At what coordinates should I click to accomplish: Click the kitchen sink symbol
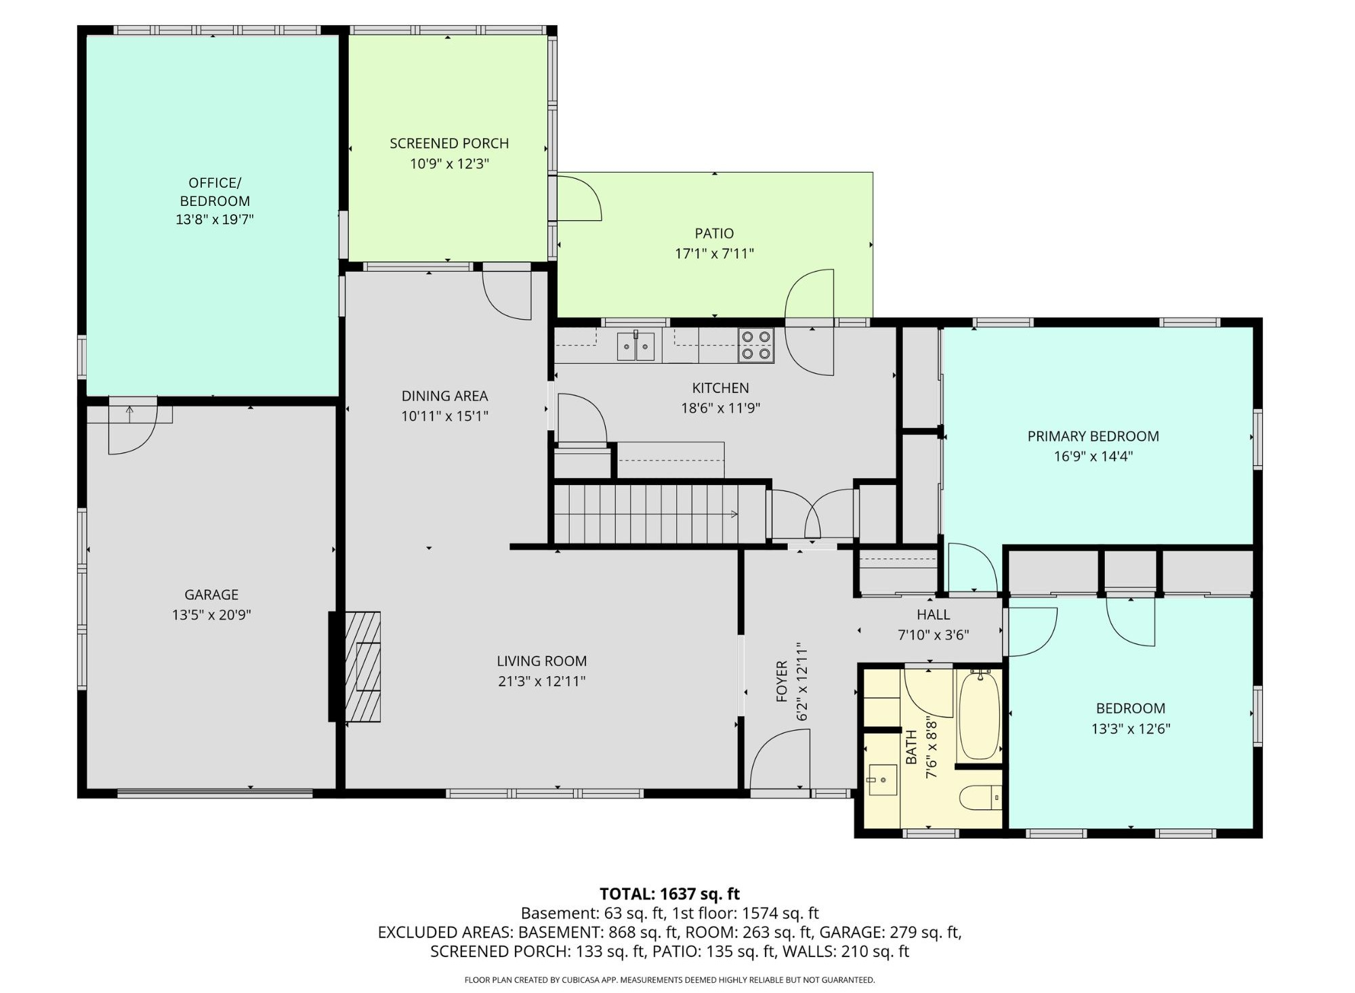coord(635,346)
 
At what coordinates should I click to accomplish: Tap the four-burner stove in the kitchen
coord(756,345)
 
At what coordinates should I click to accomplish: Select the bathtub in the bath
coord(980,715)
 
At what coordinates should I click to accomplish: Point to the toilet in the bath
coord(980,797)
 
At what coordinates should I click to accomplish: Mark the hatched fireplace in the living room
coord(363,667)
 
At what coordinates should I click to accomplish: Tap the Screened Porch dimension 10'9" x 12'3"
coord(449,164)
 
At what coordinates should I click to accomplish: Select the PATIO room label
coord(714,234)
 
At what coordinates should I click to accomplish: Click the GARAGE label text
coord(211,595)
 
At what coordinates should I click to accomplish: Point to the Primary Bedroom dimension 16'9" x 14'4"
coord(1093,457)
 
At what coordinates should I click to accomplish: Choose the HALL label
coord(933,615)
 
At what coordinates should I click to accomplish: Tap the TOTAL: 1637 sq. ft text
coord(669,894)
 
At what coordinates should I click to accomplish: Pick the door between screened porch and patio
coord(577,198)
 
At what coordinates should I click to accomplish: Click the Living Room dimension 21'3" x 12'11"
coord(541,681)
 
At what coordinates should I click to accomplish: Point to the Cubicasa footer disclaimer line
coord(669,979)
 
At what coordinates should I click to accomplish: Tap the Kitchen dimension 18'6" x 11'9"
coord(720,408)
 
